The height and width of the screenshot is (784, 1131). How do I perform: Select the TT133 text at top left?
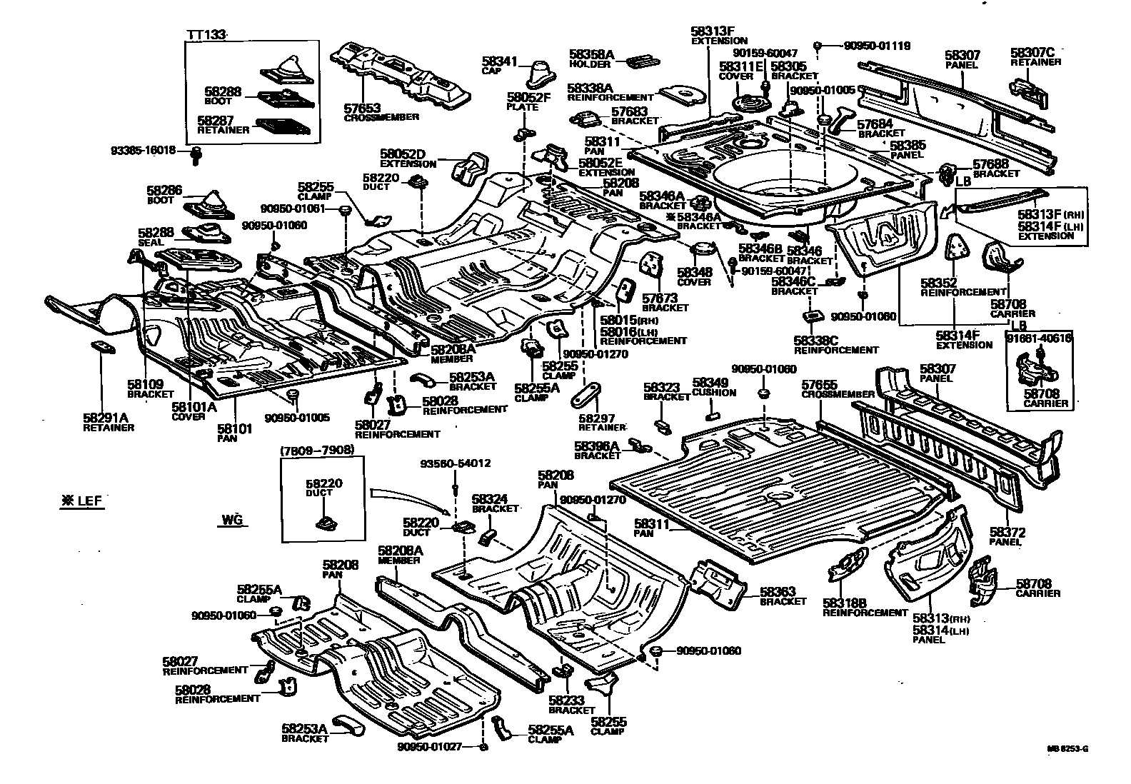(206, 35)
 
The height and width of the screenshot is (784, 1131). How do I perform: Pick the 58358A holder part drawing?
(640, 61)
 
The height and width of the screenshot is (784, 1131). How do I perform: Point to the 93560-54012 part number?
(454, 463)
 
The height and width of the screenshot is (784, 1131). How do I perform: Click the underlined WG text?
(231, 521)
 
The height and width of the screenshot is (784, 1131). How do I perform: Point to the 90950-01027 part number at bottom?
(431, 746)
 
